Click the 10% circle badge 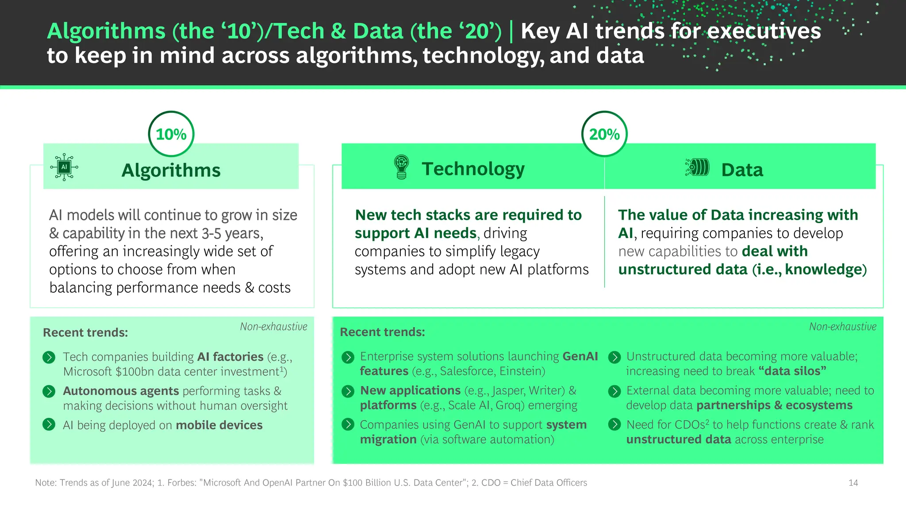tap(171, 134)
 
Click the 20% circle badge tap(604, 134)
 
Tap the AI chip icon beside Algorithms tap(64, 167)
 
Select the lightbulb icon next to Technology tap(401, 167)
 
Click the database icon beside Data tap(698, 167)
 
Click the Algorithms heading tap(171, 170)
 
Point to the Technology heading tap(473, 169)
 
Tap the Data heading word tap(742, 170)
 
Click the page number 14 tap(853, 483)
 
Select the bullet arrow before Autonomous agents tap(49, 391)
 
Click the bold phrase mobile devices tap(219, 425)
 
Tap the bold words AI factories tap(230, 357)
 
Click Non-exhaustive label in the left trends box tap(273, 327)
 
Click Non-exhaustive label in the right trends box tap(842, 327)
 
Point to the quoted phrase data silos tap(792, 371)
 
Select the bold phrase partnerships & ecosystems tap(774, 405)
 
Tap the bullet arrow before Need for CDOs tap(614, 425)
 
